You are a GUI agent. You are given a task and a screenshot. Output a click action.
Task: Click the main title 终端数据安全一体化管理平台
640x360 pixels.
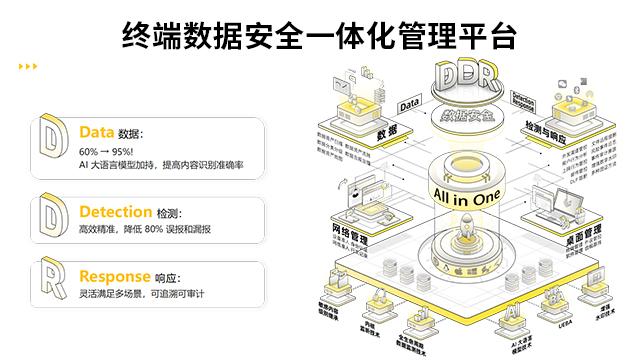point(319,37)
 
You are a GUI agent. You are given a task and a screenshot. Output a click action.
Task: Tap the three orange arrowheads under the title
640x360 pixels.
point(28,67)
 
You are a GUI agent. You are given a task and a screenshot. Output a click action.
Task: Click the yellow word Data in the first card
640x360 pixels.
point(97,132)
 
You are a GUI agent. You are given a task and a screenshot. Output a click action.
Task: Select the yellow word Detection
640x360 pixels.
point(115,212)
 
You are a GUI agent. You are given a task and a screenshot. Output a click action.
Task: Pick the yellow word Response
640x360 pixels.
point(114,276)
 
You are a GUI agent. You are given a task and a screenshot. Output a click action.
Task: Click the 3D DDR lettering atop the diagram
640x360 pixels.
point(467,78)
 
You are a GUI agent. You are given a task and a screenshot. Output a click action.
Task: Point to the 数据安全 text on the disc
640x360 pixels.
point(466,115)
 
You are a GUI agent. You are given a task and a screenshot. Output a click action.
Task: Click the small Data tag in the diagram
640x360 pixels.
point(409,103)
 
